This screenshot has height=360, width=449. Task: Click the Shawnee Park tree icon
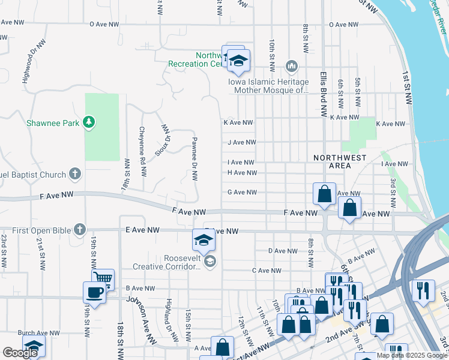point(89,123)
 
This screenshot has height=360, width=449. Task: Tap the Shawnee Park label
point(53,124)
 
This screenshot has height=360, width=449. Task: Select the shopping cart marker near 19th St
point(103,278)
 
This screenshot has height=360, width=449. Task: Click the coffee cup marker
point(94,292)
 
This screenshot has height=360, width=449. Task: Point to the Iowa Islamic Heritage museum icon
point(292,65)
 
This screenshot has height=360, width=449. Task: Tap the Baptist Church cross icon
point(74,174)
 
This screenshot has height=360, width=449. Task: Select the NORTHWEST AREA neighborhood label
point(340,161)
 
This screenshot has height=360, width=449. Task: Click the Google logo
point(20,353)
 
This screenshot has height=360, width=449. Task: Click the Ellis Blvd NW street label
point(323,94)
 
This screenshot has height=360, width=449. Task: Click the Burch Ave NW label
point(38,332)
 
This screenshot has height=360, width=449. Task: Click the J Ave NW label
point(241,143)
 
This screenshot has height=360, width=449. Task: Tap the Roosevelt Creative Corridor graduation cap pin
point(203,241)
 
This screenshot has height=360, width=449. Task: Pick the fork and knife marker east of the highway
point(424,290)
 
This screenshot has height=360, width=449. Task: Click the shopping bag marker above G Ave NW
point(324,194)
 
